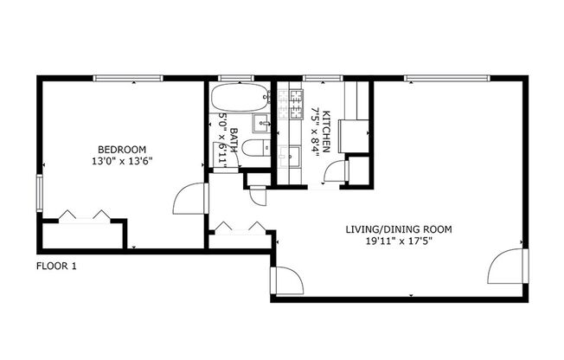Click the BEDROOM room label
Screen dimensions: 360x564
point(122,149)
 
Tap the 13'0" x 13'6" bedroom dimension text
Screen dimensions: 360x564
point(122,160)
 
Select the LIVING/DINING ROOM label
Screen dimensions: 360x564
point(398,229)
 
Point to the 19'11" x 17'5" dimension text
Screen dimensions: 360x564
point(398,241)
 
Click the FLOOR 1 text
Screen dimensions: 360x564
point(57,267)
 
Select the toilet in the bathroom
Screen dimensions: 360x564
point(254,148)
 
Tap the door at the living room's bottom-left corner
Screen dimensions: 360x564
point(286,281)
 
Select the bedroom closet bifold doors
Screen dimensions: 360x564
point(82,215)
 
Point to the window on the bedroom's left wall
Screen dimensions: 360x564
point(39,191)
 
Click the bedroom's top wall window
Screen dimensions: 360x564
point(128,79)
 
